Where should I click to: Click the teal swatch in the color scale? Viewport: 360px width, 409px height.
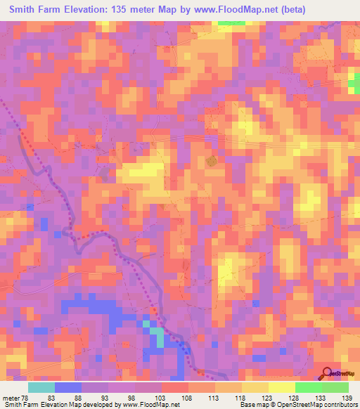[x=41, y=388]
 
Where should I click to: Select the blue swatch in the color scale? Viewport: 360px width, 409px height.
[x=68, y=388]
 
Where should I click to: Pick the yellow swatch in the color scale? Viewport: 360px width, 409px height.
[x=255, y=388]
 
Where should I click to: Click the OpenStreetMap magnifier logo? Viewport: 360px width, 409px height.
[x=326, y=372]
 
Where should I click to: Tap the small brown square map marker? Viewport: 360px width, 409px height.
[x=212, y=162]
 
